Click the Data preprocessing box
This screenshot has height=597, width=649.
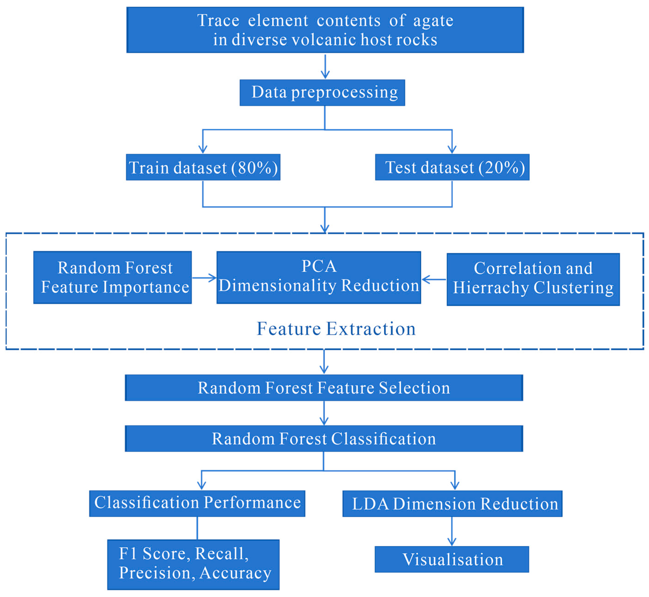pyautogui.click(x=322, y=92)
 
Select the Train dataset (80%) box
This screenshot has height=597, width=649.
pyautogui.click(x=203, y=167)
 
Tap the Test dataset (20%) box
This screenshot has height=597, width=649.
pyautogui.click(x=452, y=167)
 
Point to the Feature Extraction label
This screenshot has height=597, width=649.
pyautogui.click(x=336, y=329)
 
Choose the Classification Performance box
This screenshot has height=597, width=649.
pyautogui.click(x=197, y=503)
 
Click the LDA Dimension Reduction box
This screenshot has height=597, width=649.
pyautogui.click(x=452, y=504)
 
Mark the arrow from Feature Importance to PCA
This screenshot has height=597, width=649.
pyautogui.click(x=204, y=278)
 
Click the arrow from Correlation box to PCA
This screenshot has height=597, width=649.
pyautogui.click(x=434, y=279)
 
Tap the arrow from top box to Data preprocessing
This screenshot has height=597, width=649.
pyautogui.click(x=325, y=66)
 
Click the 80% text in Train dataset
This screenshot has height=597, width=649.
pyautogui.click(x=255, y=167)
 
